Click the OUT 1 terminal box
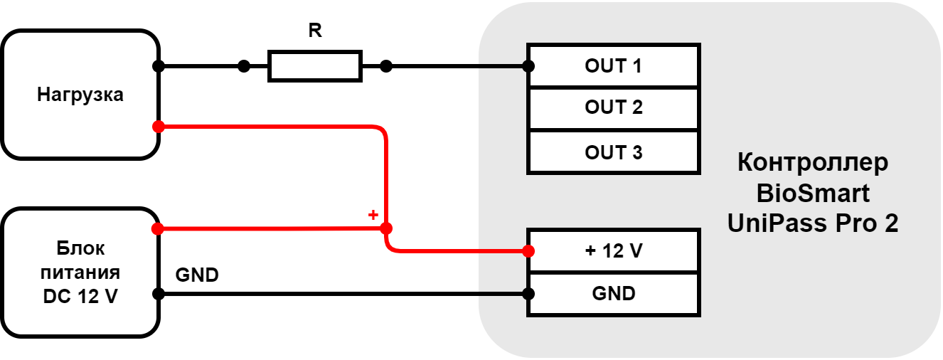(x=613, y=65)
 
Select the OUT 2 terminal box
(x=613, y=108)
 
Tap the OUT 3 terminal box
(x=613, y=152)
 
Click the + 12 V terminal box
(x=613, y=251)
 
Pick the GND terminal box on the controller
(x=613, y=294)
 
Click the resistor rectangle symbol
(x=315, y=66)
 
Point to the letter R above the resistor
(x=315, y=31)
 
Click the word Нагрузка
(x=80, y=95)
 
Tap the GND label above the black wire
(x=197, y=275)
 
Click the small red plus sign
(x=373, y=215)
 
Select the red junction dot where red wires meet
(x=386, y=228)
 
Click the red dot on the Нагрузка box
(x=159, y=127)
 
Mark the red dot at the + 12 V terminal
(x=528, y=251)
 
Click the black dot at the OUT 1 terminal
(x=528, y=66)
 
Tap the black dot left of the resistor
(x=244, y=66)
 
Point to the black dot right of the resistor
(x=386, y=66)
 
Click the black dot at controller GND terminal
(x=528, y=294)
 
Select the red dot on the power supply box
(x=158, y=228)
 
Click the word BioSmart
(x=813, y=194)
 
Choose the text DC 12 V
(x=80, y=297)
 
